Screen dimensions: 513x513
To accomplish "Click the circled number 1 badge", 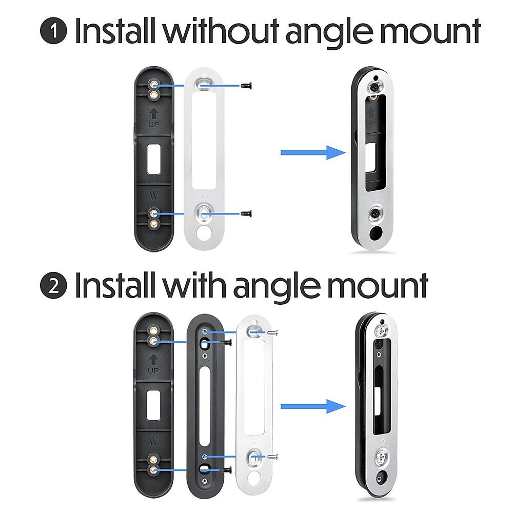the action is pyautogui.click(x=54, y=31).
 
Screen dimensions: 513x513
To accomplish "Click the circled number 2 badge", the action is pyautogui.click(x=54, y=285).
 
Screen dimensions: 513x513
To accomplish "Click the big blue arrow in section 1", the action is pyautogui.click(x=313, y=153).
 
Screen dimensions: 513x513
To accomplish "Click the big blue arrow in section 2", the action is pyautogui.click(x=313, y=406).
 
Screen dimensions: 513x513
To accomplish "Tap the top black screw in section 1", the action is pyautogui.click(x=246, y=86).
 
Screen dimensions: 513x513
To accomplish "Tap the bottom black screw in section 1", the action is pyautogui.click(x=246, y=213).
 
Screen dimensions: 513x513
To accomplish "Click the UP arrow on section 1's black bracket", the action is pyautogui.click(x=153, y=114).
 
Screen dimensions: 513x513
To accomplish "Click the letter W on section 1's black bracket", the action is pyautogui.click(x=154, y=195).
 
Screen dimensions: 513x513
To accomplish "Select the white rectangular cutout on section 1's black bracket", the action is pyautogui.click(x=153, y=160).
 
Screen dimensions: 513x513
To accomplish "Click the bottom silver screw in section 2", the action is pyautogui.click(x=273, y=457).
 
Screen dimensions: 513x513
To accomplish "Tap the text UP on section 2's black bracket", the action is pyautogui.click(x=153, y=370).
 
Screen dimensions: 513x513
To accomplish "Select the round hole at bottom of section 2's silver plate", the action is pyautogui.click(x=254, y=479).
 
